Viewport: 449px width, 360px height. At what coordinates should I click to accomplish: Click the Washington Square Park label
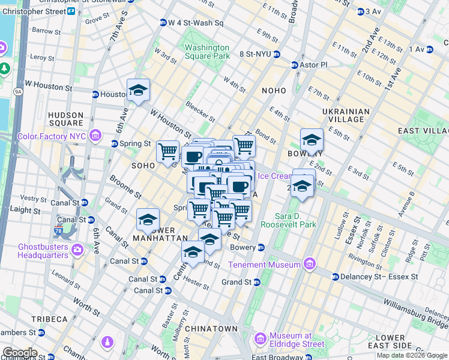(x=206, y=52)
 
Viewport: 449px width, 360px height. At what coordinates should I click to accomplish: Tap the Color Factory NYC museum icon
(x=94, y=136)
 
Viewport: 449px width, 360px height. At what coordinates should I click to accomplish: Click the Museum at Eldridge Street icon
(x=261, y=340)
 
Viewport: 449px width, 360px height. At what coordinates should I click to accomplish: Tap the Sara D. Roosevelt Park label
(x=288, y=220)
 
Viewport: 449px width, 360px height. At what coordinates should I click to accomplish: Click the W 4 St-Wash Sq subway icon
(x=163, y=23)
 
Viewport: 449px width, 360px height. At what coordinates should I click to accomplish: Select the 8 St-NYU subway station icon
(x=276, y=53)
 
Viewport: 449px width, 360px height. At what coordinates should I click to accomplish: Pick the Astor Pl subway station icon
(x=295, y=65)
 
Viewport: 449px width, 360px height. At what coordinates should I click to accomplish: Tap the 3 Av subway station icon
(x=360, y=11)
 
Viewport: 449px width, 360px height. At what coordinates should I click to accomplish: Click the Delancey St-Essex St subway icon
(x=336, y=277)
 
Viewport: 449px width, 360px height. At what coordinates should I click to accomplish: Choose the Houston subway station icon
(x=95, y=94)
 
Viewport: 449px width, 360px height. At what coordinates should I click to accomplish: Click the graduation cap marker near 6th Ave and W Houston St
(x=138, y=91)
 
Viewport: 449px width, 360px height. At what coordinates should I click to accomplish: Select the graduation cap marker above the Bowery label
(x=312, y=140)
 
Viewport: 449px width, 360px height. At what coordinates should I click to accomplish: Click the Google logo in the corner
(x=20, y=353)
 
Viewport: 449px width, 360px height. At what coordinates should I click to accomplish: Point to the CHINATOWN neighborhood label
(x=211, y=329)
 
